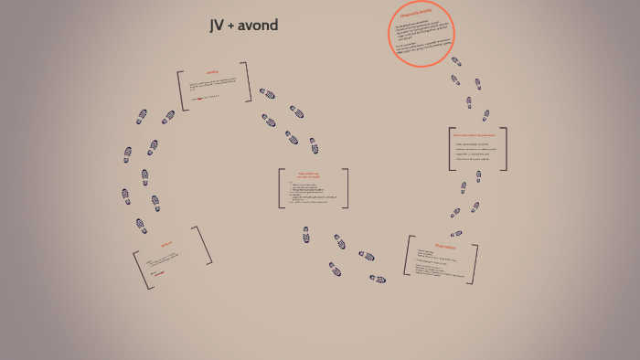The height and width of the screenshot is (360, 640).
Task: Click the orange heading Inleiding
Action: pyautogui.click(x=212, y=72)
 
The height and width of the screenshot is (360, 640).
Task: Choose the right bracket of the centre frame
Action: pyautogui.click(x=346, y=188)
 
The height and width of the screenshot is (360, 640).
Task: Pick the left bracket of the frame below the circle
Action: pyautogui.click(x=451, y=149)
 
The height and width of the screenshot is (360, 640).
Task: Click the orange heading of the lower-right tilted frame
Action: pyautogui.click(x=444, y=246)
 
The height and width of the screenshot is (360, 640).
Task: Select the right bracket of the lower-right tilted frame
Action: pyautogui.click(x=474, y=264)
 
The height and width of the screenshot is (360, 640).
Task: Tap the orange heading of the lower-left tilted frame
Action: pyautogui.click(x=166, y=244)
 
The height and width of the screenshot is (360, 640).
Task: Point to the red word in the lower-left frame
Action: pyautogui.click(x=158, y=273)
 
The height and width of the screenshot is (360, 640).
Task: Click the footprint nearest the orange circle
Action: pyautogui.click(x=456, y=62)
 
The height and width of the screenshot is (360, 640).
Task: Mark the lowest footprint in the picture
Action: pyautogui.click(x=378, y=279)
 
